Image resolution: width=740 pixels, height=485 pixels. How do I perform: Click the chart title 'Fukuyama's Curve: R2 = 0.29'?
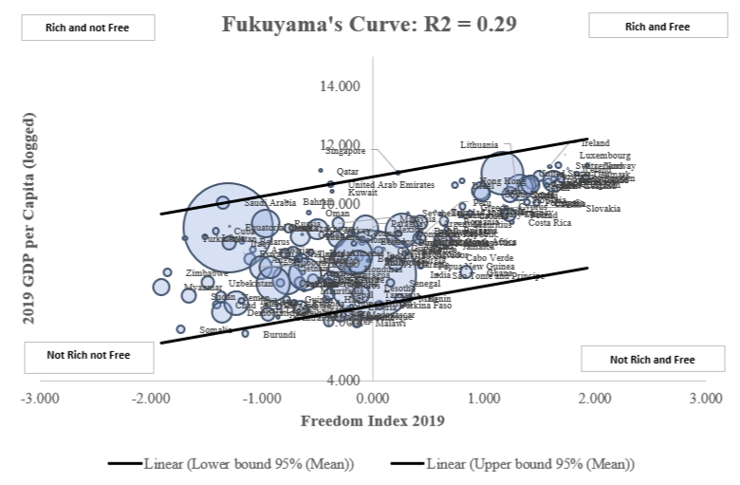tap(369, 25)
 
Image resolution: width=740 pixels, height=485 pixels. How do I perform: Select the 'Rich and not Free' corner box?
tap(87, 28)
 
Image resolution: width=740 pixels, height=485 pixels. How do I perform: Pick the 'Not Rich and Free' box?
tap(651, 360)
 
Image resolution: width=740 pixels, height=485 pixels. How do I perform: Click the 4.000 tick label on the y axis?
tap(343, 380)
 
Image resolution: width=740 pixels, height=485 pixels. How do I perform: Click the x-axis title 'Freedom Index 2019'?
tap(372, 420)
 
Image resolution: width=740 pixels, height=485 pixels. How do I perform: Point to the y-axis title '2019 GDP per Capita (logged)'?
tap(29, 218)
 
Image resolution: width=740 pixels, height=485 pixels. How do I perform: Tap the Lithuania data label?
tap(479, 145)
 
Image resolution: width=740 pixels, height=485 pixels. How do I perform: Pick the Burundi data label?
tap(279, 335)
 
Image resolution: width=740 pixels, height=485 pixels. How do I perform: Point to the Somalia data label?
tap(215, 330)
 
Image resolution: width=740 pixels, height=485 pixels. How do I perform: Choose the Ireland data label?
tap(595, 143)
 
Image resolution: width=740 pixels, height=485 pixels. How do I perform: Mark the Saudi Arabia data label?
tap(269, 202)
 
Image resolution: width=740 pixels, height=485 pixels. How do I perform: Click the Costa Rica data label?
tap(549, 223)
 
